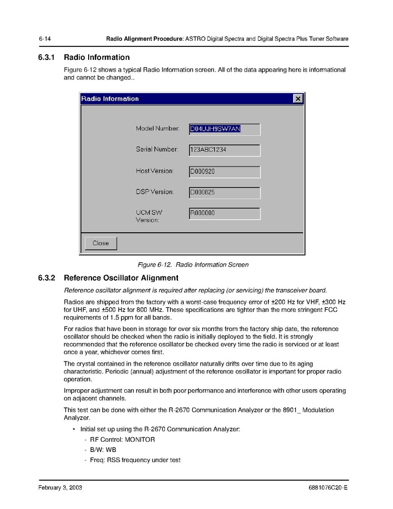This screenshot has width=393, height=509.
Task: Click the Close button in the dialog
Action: pos(101,243)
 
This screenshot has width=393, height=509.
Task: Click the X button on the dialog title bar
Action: pos(298,99)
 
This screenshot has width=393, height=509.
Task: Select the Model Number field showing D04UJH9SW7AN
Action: pos(224,129)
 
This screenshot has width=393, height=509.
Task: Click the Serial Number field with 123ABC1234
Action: pos(224,150)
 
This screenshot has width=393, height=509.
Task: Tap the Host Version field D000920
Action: pos(224,171)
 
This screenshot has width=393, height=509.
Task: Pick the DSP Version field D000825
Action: pos(224,193)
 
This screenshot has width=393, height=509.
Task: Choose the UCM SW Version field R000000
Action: pos(224,214)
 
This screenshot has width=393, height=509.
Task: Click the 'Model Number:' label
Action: pos(158,129)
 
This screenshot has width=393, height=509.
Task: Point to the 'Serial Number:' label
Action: pos(157,150)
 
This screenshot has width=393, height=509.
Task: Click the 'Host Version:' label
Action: pos(155,171)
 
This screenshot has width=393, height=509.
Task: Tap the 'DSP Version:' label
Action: pos(155,192)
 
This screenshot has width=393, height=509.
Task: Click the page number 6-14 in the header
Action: pos(45,39)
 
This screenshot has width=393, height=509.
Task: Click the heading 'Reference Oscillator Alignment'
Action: pos(121,278)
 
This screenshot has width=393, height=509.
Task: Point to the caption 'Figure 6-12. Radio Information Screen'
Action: pos(193,264)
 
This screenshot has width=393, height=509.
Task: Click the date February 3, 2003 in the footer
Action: pos(60,488)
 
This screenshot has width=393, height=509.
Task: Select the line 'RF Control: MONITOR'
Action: pos(122,440)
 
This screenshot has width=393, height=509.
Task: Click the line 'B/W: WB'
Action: pos(103,450)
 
